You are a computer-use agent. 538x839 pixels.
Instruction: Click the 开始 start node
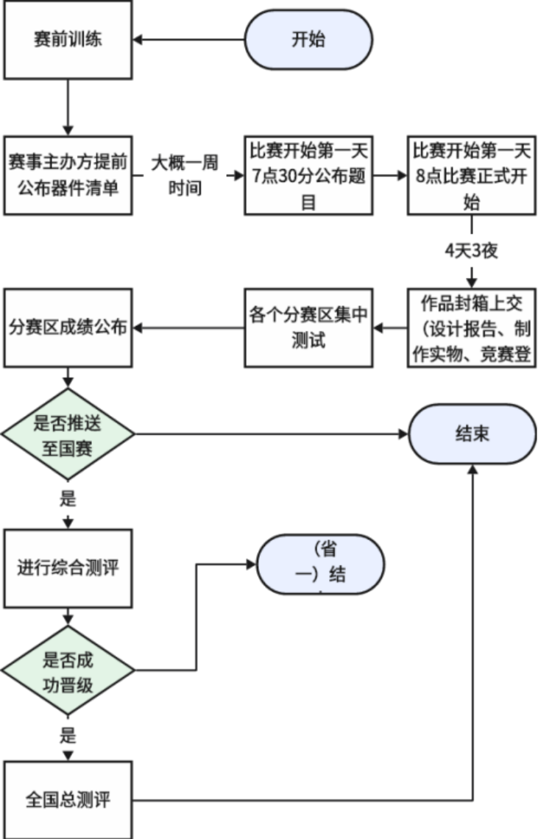pyautogui.click(x=308, y=40)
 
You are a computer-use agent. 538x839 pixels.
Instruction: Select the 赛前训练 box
pyautogui.click(x=68, y=40)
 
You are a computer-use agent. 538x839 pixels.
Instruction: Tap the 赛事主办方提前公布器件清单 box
pyautogui.click(x=68, y=175)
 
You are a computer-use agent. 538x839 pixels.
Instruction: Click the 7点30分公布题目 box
pyautogui.click(x=308, y=175)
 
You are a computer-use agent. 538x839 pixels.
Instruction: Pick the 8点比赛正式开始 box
pyautogui.click(x=471, y=175)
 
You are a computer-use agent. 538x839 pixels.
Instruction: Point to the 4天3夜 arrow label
pyautogui.click(x=471, y=251)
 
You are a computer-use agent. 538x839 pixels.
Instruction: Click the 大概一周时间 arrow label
pyautogui.click(x=184, y=175)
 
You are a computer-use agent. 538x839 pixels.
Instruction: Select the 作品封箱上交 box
pyautogui.click(x=471, y=328)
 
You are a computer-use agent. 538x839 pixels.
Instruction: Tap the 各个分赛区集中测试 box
pyautogui.click(x=308, y=328)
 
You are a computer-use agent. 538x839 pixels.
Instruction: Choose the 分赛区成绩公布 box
pyautogui.click(x=68, y=328)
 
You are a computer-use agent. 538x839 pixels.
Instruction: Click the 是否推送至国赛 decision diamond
pyautogui.click(x=68, y=434)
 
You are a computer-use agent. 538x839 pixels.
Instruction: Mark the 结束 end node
pyautogui.click(x=472, y=434)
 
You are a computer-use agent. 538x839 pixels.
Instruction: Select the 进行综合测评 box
pyautogui.click(x=68, y=567)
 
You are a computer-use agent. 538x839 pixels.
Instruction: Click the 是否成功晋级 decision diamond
pyautogui.click(x=68, y=671)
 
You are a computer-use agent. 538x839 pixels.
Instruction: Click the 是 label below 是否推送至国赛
pyautogui.click(x=68, y=500)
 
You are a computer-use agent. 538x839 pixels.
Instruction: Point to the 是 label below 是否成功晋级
pyautogui.click(x=68, y=734)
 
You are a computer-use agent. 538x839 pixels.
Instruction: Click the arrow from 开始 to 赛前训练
pyautogui.click(x=189, y=40)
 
